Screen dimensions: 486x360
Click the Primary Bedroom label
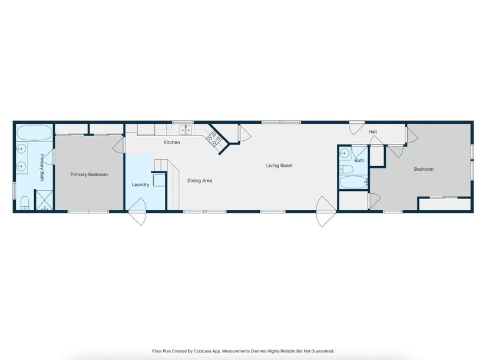point(89,174)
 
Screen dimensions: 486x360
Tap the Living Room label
point(279,166)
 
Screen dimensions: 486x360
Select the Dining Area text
point(200,180)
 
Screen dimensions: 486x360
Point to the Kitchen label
point(171,143)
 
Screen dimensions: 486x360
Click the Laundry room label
point(140,185)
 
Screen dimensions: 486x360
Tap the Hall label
point(372,131)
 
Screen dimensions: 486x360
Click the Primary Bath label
point(42,167)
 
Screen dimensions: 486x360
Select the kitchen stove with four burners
point(214,138)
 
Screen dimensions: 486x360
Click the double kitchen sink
point(186,130)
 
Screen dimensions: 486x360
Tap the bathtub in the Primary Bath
point(34,133)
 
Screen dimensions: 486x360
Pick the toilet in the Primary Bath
point(25,203)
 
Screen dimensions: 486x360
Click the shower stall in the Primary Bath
point(44,200)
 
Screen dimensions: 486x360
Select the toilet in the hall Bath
point(346,169)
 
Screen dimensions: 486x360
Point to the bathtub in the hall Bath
point(353,182)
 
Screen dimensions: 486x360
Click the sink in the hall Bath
point(345,153)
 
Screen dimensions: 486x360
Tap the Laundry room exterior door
point(137,212)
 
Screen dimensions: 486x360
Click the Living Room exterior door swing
point(326,212)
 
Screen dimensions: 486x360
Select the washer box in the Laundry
point(159,180)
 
